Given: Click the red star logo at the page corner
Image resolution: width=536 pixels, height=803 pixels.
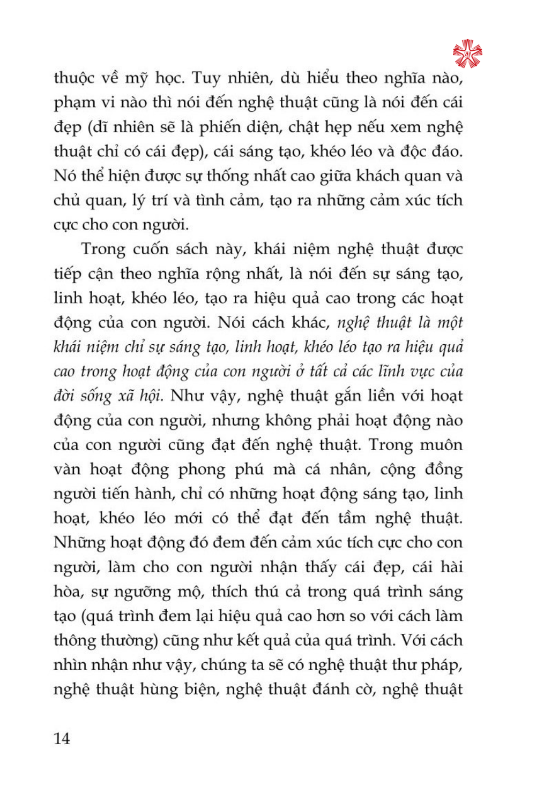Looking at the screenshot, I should [x=467, y=54].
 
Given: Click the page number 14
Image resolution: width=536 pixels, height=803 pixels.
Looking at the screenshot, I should [x=62, y=739].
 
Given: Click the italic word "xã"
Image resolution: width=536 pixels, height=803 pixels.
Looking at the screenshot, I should [x=126, y=396].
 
